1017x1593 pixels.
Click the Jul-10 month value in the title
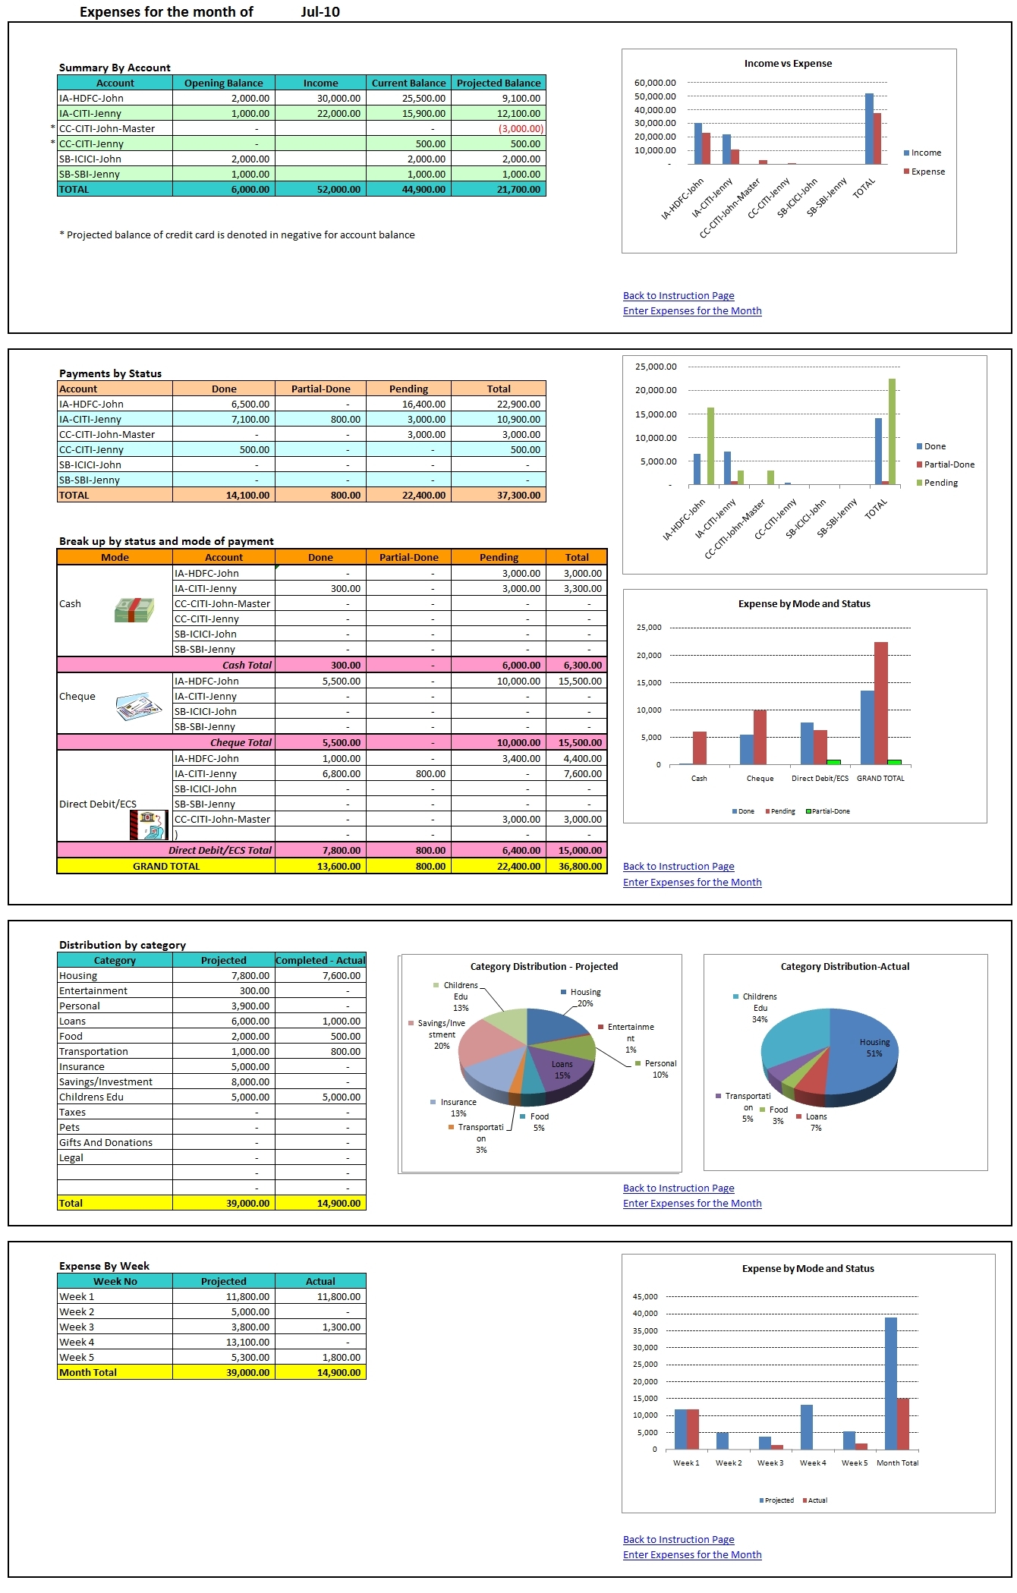coord(320,12)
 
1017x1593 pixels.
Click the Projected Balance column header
coord(499,83)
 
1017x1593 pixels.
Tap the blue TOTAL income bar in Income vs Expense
coord(869,129)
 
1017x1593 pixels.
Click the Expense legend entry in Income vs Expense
coord(927,172)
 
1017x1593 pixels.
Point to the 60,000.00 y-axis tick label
coord(655,83)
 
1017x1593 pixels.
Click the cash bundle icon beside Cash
coord(134,609)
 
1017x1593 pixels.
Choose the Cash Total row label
coord(247,666)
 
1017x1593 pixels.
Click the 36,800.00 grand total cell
coord(580,867)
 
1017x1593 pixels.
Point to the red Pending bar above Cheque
coord(760,737)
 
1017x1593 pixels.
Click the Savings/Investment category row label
coord(105,1082)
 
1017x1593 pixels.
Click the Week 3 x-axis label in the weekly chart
coord(770,1463)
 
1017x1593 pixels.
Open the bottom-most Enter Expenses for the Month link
coord(691,1555)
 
